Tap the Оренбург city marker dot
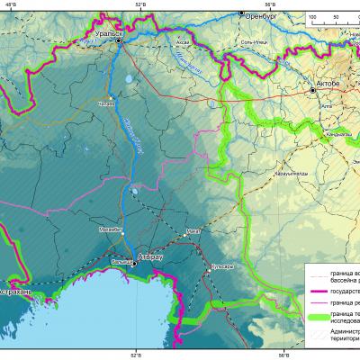(241, 13)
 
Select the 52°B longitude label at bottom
(136, 355)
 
